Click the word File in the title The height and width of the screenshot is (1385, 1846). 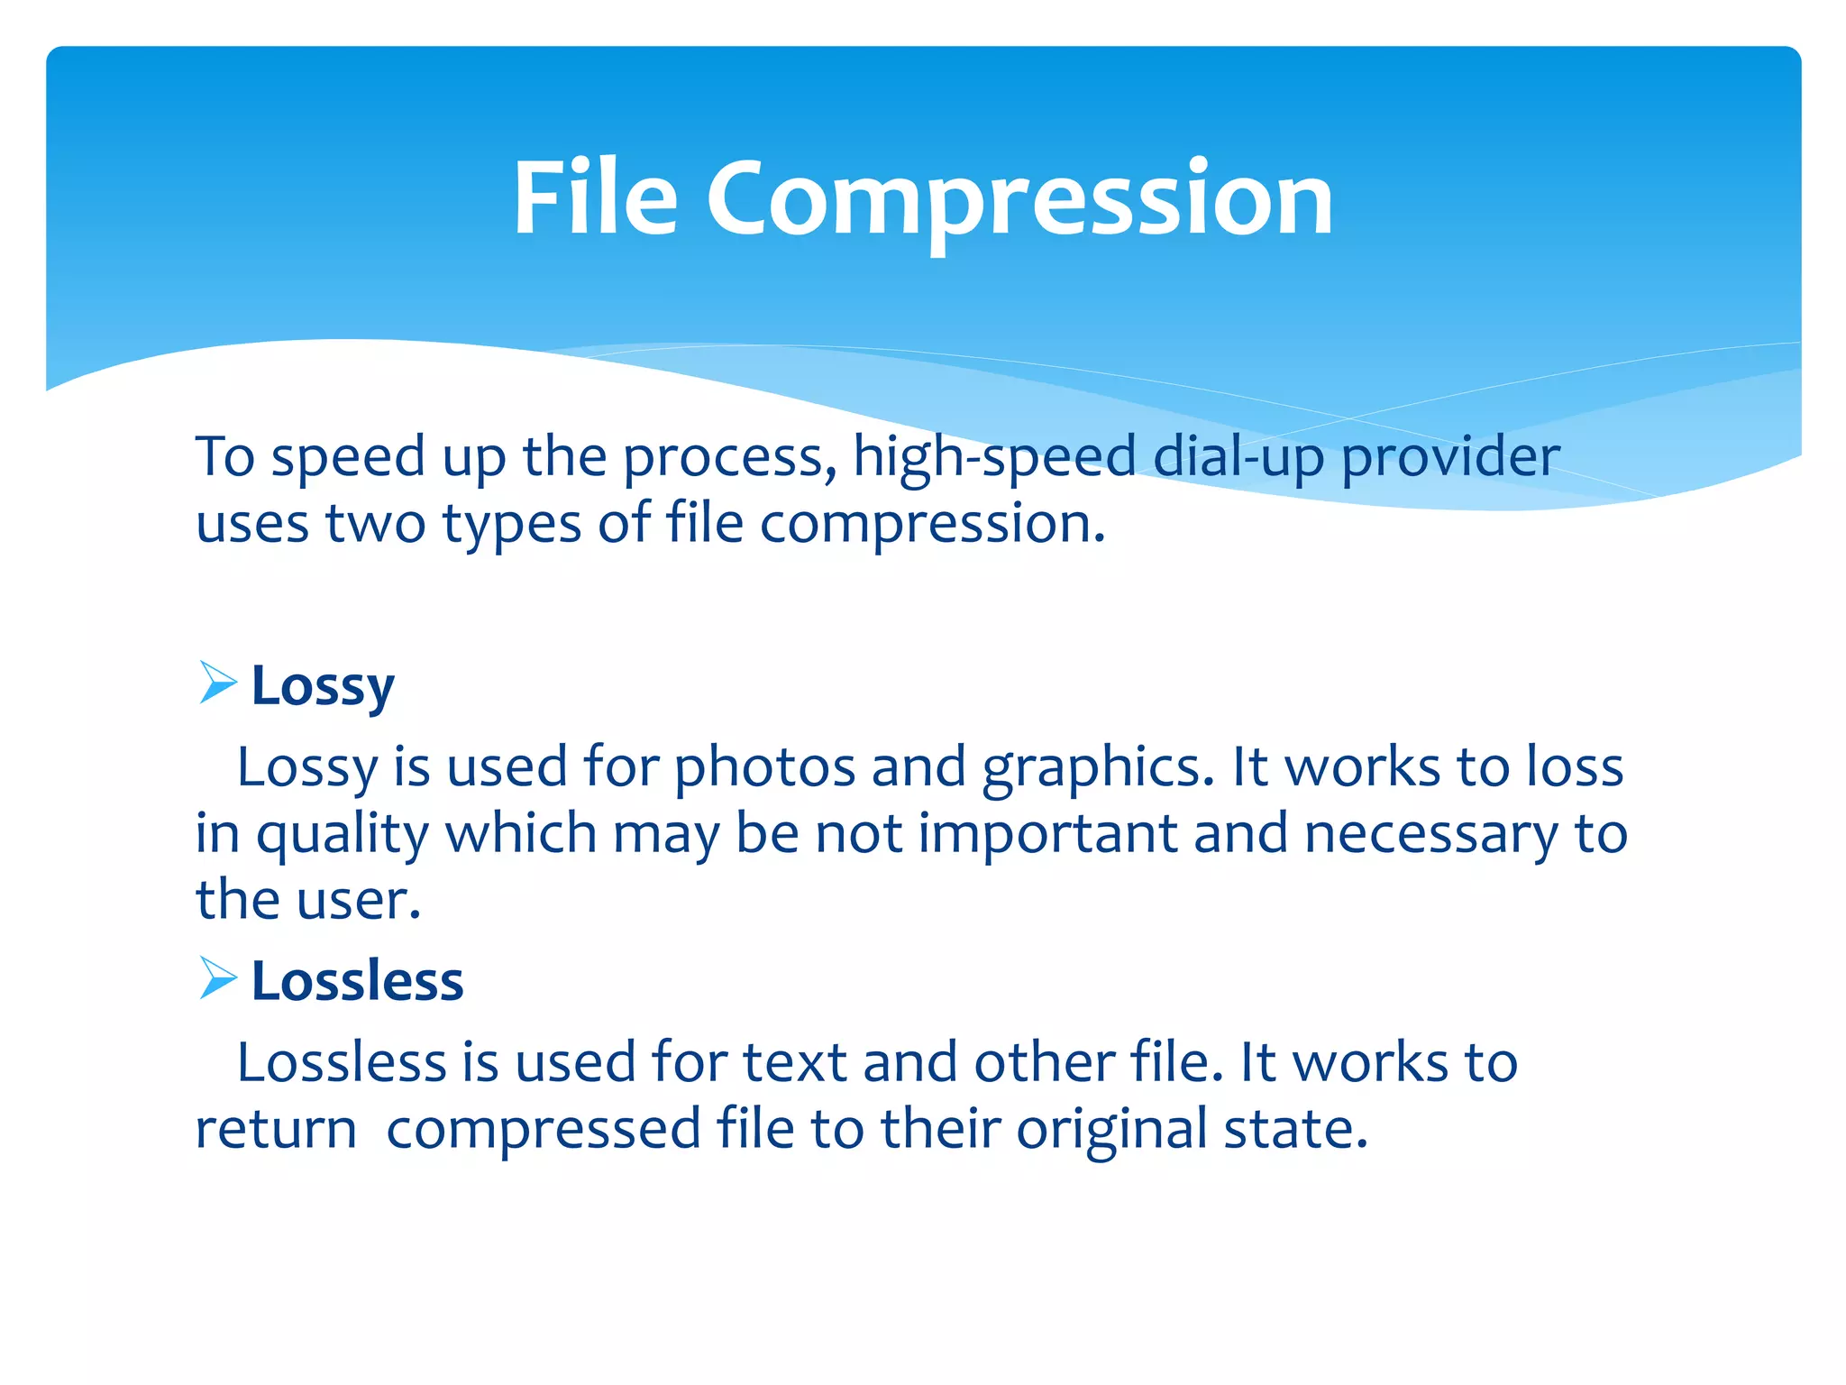pyautogui.click(x=595, y=198)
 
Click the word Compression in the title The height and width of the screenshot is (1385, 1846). pyautogui.click(x=1019, y=198)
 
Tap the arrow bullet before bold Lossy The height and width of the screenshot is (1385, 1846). pyautogui.click(x=217, y=683)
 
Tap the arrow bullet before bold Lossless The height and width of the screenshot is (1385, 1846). pyautogui.click(x=217, y=978)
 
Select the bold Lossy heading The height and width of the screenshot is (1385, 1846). pyautogui.click(x=323, y=686)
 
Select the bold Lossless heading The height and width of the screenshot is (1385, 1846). pyautogui.click(x=357, y=981)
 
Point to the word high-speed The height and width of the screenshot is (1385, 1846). pyautogui.click(x=994, y=457)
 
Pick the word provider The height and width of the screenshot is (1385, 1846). pyautogui.click(x=1450, y=457)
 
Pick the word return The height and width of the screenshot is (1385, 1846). pyautogui.click(x=276, y=1130)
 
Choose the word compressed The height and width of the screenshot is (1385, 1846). pyautogui.click(x=544, y=1130)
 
